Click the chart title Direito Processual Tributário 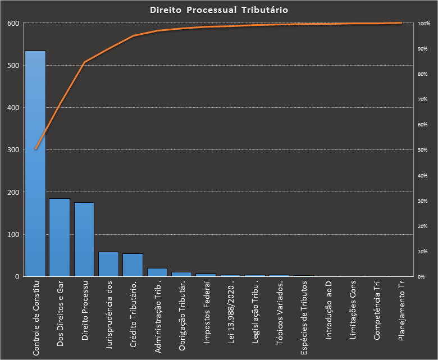(x=219, y=10)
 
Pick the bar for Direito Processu (x=84, y=239)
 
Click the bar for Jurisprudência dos (x=108, y=264)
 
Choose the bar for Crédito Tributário (x=133, y=265)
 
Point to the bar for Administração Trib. (x=157, y=272)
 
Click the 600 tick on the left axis (x=12, y=24)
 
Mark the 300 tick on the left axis (x=12, y=150)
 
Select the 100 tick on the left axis (x=12, y=234)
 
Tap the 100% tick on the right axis (x=424, y=24)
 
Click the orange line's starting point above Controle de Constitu (x=35, y=149)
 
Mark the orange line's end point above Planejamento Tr (x=401, y=23)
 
